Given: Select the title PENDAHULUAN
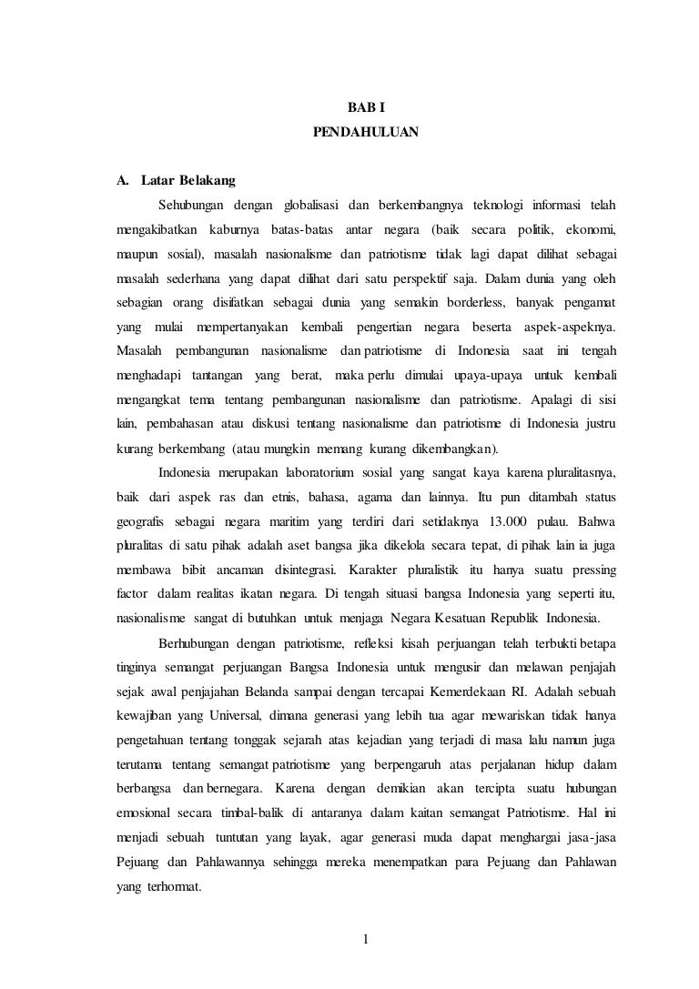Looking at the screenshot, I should [x=366, y=132].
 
